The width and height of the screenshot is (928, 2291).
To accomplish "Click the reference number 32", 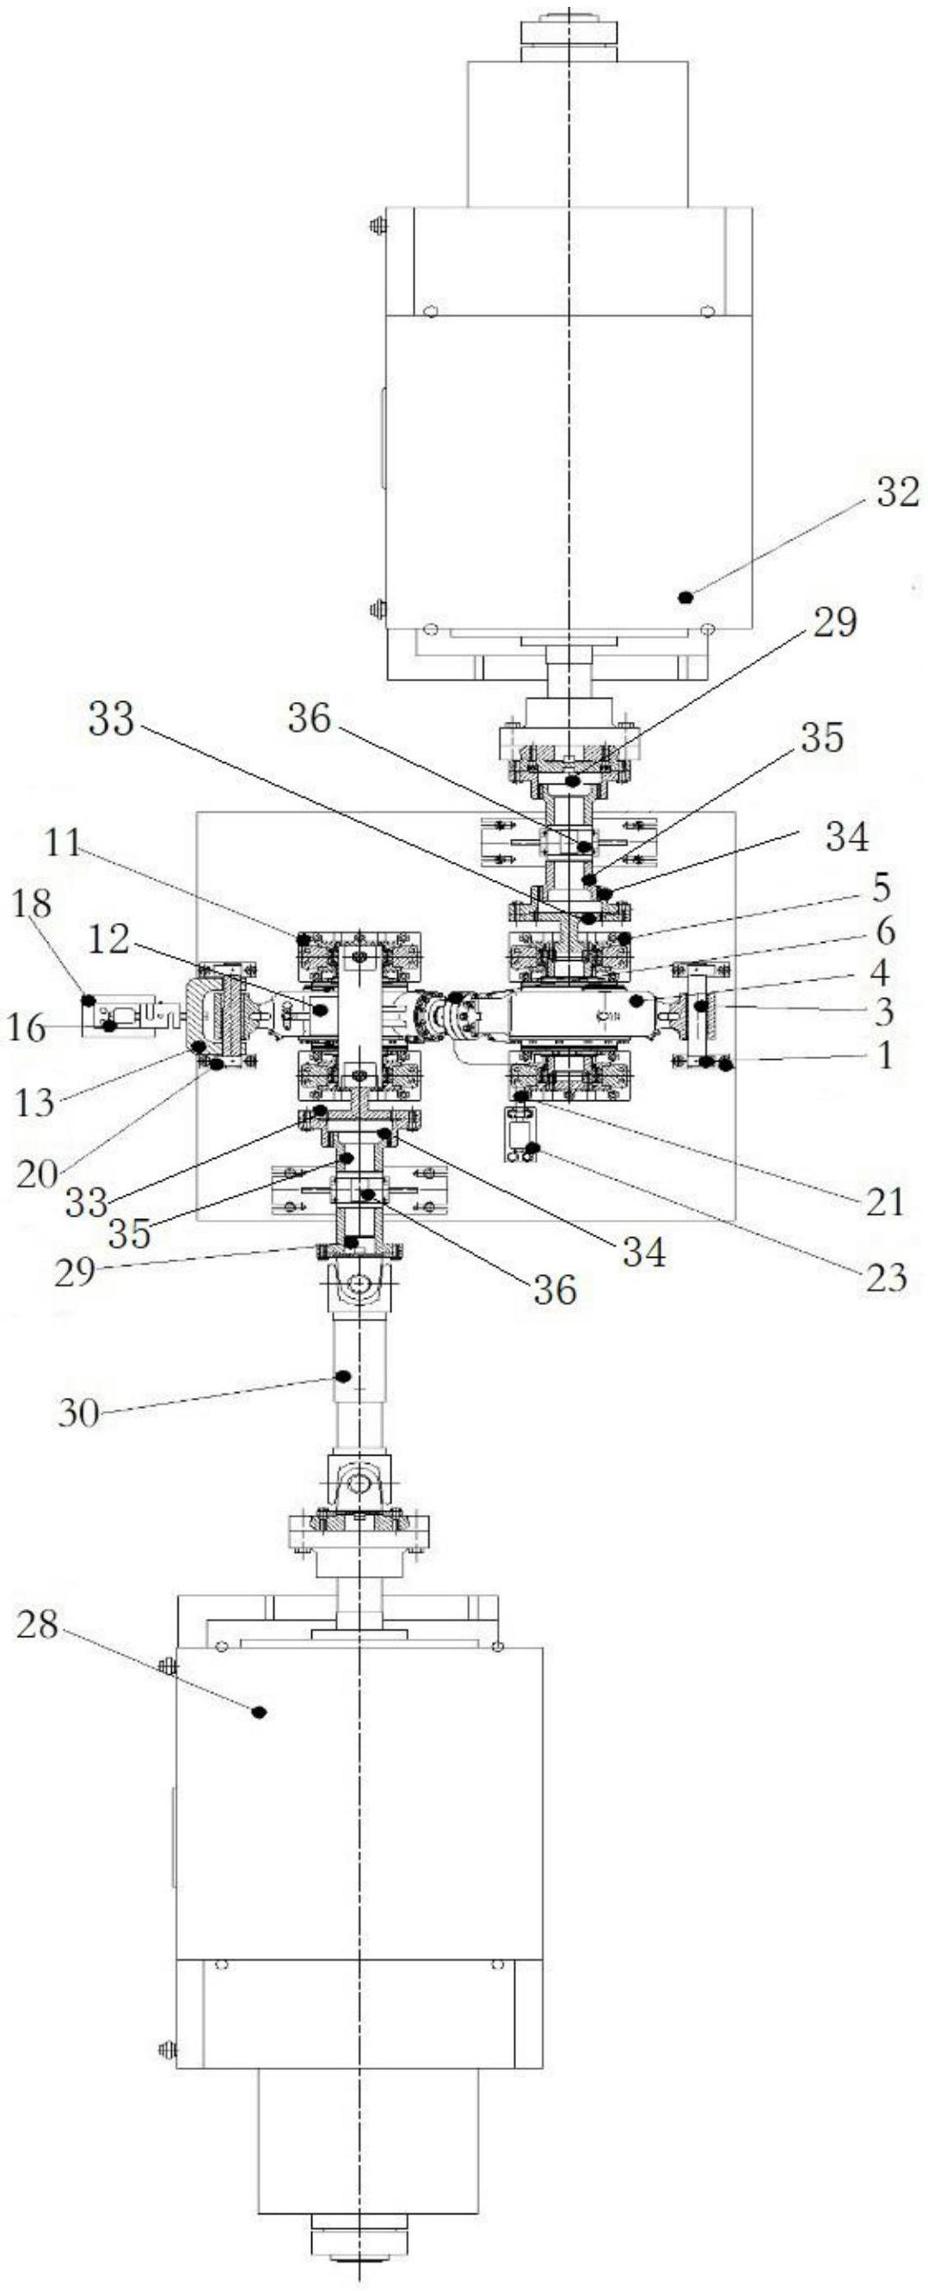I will coord(897,492).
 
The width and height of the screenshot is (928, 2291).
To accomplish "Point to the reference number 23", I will coord(885,1278).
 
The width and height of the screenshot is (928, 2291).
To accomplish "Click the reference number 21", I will coord(883,1203).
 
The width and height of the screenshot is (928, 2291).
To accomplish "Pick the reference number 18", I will coord(32,904).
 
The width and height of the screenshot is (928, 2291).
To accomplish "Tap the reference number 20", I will coord(36,1173).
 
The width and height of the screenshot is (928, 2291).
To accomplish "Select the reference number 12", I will coord(108,940).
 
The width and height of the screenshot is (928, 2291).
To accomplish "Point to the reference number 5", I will coord(881,887).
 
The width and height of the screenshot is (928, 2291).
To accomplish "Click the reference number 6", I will coord(884,931).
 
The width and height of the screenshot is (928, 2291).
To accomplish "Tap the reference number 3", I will coord(883,1012).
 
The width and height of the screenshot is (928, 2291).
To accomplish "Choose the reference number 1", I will coord(884,1055).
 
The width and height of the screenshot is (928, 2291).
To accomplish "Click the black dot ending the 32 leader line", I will coord(685,597).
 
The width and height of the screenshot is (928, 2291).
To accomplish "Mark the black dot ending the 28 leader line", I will coord(259,1711).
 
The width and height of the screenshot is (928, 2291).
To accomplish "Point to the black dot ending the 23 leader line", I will coord(532,1149).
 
